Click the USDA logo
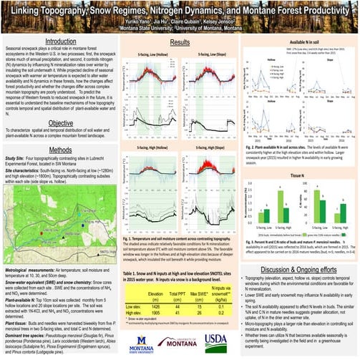[x=215, y=340]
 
